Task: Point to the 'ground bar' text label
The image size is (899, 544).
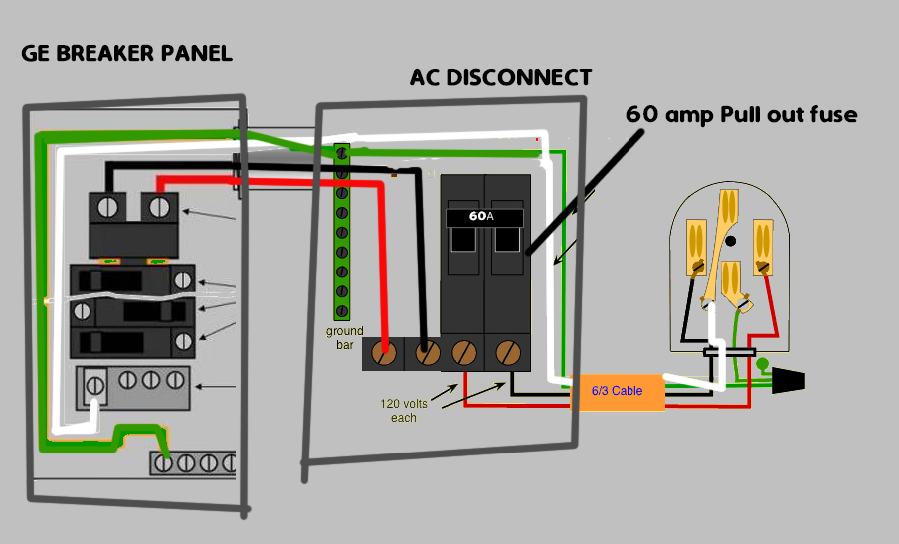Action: (345, 338)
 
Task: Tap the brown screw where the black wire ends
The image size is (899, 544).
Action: (427, 353)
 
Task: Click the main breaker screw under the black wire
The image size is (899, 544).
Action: (106, 208)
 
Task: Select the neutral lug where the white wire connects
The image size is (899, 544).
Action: (96, 383)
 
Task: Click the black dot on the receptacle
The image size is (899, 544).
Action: (731, 241)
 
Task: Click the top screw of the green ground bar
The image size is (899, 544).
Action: (342, 154)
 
